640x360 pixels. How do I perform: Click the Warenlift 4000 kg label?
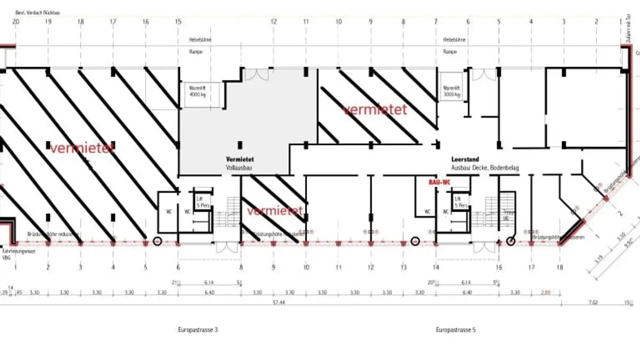(x=197, y=91)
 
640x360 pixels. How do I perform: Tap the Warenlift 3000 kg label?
(x=452, y=91)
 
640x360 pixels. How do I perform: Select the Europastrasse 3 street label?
(x=198, y=330)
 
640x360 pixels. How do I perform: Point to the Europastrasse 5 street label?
(x=456, y=330)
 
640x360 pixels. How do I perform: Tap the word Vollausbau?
(x=239, y=168)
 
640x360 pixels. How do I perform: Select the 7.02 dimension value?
(x=593, y=302)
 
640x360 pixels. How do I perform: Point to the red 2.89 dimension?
(x=546, y=292)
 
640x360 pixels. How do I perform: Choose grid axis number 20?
(x=16, y=21)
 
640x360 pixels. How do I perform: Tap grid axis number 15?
(x=178, y=21)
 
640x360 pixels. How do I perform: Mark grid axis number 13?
(x=404, y=267)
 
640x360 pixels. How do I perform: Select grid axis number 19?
(x=48, y=21)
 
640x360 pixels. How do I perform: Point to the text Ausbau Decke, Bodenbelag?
(x=484, y=168)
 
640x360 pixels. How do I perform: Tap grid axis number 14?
(x=436, y=267)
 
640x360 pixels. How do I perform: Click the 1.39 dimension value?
(x=4, y=292)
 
